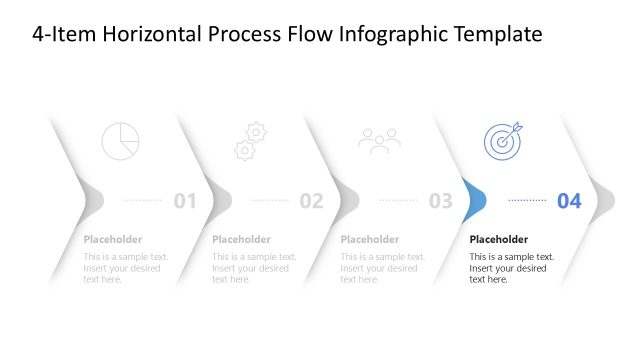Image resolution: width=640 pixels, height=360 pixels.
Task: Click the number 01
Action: pos(185,201)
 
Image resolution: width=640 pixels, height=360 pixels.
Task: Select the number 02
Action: pos(312,201)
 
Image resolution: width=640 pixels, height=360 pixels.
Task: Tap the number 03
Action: pos(441,201)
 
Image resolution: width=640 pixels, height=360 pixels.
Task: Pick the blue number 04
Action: pos(569,201)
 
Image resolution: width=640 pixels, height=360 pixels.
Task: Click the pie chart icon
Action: pos(120,141)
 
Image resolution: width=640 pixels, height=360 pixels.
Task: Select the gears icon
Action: pos(249,141)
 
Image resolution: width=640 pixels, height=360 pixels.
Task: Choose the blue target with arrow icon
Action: pos(502,140)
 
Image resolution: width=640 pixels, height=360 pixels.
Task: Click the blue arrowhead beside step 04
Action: pos(474,200)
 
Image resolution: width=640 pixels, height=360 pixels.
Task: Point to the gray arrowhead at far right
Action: pos(602,200)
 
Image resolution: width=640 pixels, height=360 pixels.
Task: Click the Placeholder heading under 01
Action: pos(113,239)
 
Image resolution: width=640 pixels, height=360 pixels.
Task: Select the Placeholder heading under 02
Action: pos(241,239)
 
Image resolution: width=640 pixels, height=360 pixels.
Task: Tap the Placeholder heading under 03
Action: pos(370,239)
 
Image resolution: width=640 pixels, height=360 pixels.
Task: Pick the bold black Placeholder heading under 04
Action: pos(499,239)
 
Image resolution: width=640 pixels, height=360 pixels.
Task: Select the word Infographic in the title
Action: pos(386,34)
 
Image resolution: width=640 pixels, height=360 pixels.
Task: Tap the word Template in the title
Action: pos(496,34)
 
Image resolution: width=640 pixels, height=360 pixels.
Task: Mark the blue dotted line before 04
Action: pos(527,200)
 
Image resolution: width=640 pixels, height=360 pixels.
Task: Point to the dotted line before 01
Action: pos(142,200)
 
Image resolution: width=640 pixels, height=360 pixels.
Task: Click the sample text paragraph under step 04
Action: pos(512,268)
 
